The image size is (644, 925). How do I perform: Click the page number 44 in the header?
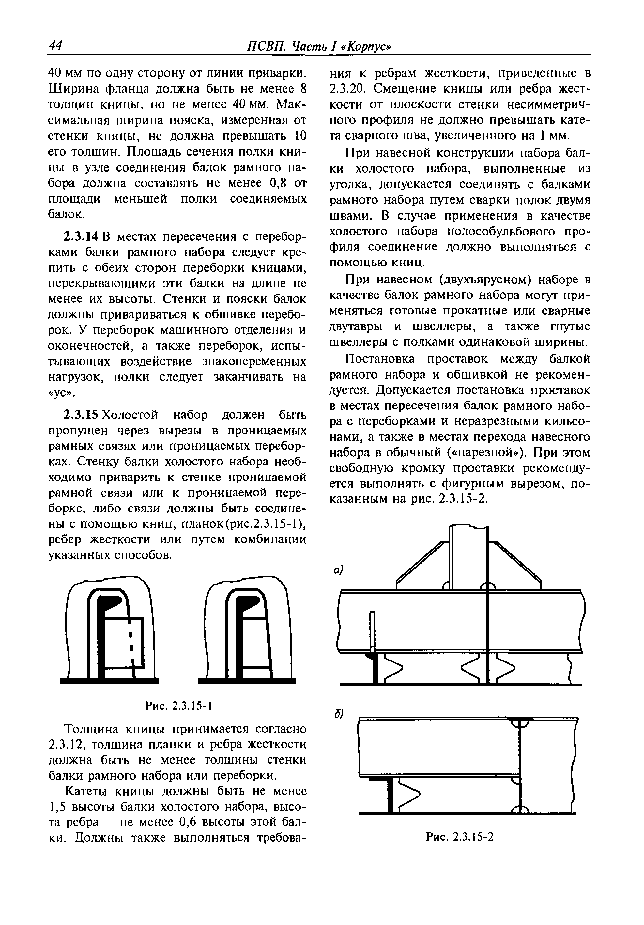point(55,46)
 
